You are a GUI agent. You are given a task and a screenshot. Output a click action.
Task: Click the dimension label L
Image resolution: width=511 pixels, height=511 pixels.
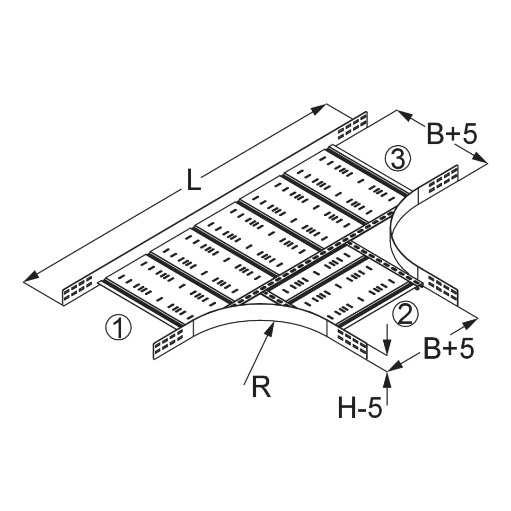coord(192,182)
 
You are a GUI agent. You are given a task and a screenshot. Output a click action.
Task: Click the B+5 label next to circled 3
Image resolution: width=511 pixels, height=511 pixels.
coord(452,134)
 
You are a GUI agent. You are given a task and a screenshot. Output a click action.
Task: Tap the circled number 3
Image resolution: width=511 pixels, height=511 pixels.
coord(397,159)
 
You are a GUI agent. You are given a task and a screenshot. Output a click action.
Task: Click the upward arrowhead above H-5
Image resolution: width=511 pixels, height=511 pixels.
coord(388,375)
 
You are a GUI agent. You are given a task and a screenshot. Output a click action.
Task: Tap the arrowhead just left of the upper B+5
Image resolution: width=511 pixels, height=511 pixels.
coord(401,114)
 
